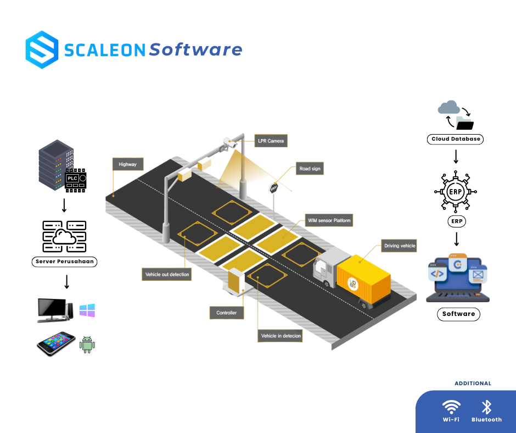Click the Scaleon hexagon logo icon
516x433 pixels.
[x=42, y=50]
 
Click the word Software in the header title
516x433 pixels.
[x=195, y=50]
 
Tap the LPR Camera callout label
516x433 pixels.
[x=271, y=141]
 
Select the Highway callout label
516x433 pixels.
[x=127, y=164]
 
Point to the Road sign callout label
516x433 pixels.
[x=309, y=169]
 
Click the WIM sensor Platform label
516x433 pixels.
[x=328, y=220]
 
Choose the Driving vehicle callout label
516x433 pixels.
[x=399, y=246]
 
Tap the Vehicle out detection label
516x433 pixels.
[x=167, y=274]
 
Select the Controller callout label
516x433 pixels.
[x=226, y=313]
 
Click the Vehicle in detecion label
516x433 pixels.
[x=280, y=335]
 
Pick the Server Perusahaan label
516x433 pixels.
[x=65, y=262]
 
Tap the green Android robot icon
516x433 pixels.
[x=87, y=345]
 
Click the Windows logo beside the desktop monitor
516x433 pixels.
[x=87, y=310]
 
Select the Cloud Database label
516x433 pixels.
[x=455, y=139]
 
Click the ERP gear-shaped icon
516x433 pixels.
[x=455, y=192]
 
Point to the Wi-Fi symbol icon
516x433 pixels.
[x=451, y=407]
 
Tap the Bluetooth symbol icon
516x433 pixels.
[x=486, y=407]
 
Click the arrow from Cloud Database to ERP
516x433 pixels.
[x=455, y=157]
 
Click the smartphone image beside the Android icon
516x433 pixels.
[x=55, y=344]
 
